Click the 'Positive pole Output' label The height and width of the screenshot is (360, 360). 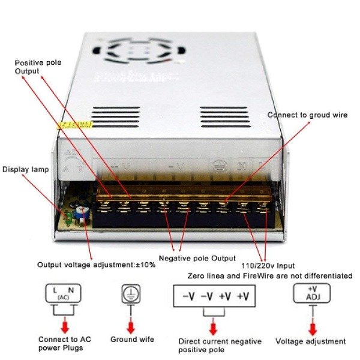click(35, 67)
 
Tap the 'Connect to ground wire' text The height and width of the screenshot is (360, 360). click(307, 115)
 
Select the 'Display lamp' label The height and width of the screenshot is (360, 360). click(26, 170)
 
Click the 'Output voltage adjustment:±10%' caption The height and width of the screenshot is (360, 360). click(96, 265)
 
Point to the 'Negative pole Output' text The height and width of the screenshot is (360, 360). click(197, 259)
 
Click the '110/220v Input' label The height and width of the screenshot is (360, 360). click(268, 266)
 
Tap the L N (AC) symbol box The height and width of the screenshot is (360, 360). click(63, 293)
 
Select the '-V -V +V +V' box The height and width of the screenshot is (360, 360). click(215, 296)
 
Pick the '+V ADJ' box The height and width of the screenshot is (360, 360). click(311, 293)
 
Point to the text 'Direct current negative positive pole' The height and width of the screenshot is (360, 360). click(220, 346)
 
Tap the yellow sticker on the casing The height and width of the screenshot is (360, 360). click(74, 125)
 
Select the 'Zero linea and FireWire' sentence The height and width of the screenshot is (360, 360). click(269, 276)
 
